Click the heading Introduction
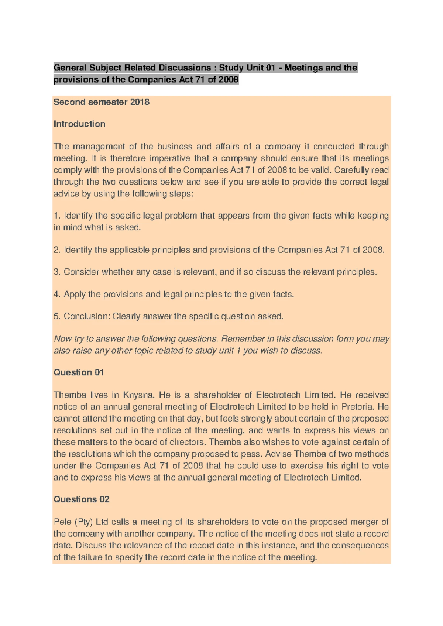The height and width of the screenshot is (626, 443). [79, 124]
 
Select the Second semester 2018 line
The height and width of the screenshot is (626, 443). [102, 102]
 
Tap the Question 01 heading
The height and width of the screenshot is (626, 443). [79, 372]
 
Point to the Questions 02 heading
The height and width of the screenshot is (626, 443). [82, 499]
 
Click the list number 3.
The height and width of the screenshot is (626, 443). [56, 272]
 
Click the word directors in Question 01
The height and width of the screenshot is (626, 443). [187, 442]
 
